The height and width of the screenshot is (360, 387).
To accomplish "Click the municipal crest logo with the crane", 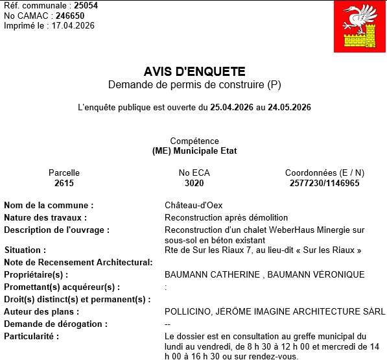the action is [x=359, y=27].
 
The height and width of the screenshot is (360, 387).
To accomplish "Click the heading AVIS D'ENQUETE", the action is [x=194, y=72].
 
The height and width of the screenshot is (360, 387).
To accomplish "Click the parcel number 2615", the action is [x=64, y=184].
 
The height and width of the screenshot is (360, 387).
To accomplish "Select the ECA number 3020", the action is [x=194, y=184].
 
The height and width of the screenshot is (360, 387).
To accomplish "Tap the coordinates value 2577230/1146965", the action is [x=324, y=184].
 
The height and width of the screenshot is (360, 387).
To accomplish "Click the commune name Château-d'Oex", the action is [x=194, y=206].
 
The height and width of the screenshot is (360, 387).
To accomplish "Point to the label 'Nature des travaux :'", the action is [x=45, y=218].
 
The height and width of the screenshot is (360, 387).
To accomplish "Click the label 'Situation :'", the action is [x=25, y=250].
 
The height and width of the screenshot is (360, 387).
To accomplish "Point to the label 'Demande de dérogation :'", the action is [x=56, y=324].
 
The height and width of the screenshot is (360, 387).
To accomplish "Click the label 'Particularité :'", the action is [x=32, y=336].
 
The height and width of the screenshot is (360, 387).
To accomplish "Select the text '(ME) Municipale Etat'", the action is [x=194, y=151].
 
